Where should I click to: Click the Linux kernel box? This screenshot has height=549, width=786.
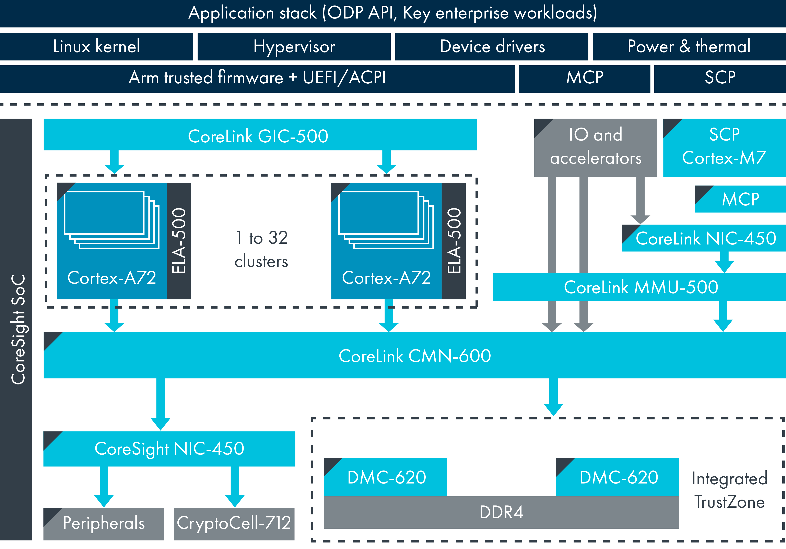click(96, 47)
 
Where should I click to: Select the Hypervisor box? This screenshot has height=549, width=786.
click(294, 47)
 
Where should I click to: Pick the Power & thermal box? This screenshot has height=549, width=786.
click(689, 47)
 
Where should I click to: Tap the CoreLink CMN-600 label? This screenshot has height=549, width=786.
click(414, 356)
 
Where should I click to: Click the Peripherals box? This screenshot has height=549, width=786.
click(104, 523)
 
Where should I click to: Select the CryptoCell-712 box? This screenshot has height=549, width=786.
click(234, 523)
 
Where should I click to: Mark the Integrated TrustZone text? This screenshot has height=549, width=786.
click(729, 490)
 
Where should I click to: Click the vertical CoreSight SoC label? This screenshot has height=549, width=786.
click(18, 329)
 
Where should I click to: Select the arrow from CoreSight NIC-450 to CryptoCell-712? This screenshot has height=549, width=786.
click(235, 486)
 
